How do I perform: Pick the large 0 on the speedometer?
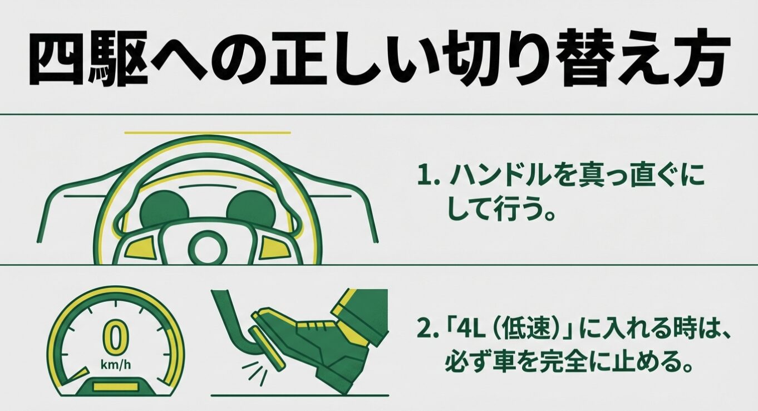click(114, 340)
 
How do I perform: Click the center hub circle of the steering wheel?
click(206, 245)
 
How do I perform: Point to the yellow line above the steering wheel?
click(207, 133)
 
